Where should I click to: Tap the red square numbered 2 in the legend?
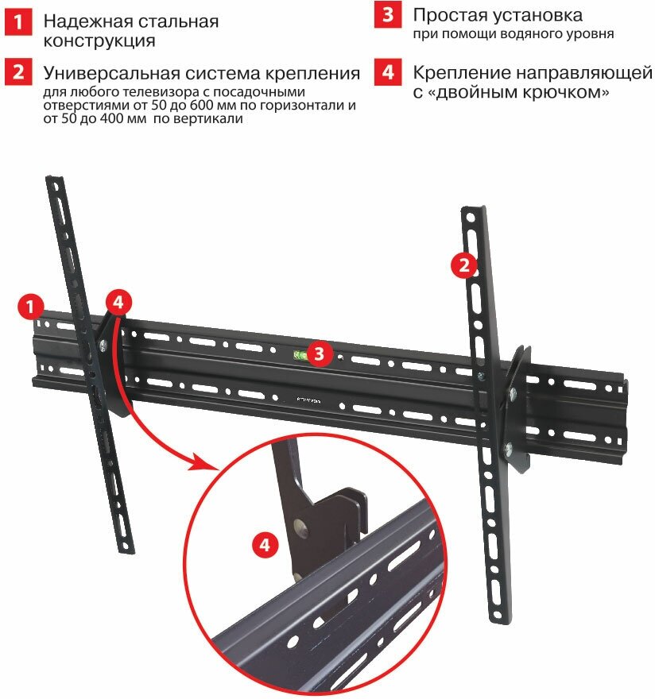[x=17, y=73]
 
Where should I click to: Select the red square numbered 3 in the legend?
[x=387, y=16]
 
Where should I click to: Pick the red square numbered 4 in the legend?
[x=387, y=73]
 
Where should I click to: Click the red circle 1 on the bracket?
[x=30, y=306]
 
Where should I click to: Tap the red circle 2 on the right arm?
[x=465, y=264]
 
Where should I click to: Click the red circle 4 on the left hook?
[x=118, y=302]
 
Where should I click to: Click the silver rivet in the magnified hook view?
[x=300, y=527]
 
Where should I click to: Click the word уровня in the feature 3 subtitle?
[x=588, y=34]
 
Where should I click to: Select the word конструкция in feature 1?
[x=100, y=41]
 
